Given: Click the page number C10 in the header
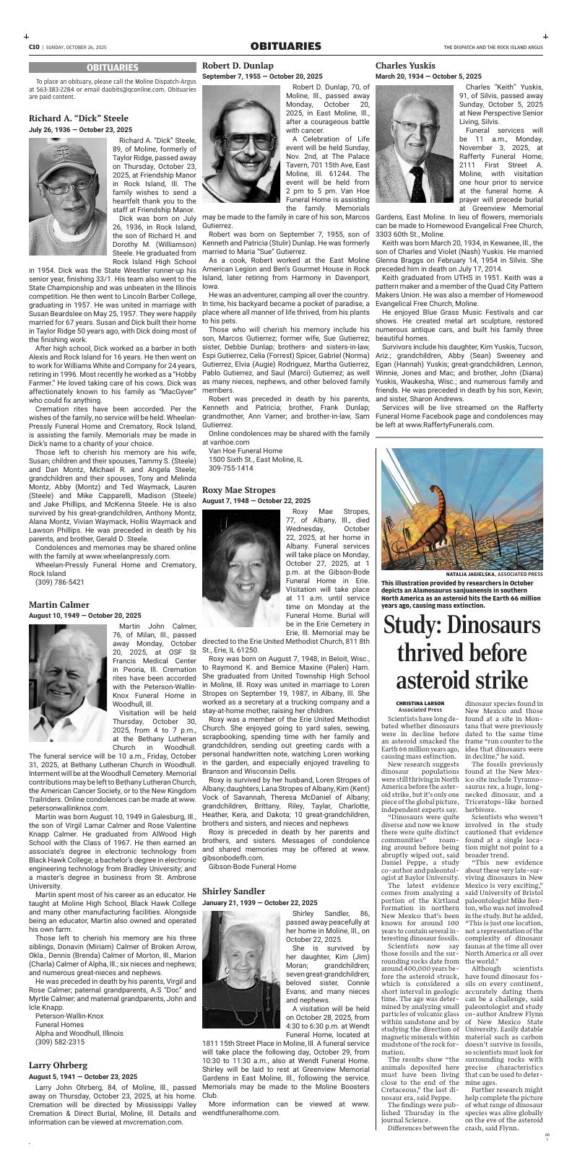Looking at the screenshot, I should tap(34, 47).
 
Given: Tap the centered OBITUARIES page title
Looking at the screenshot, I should tap(285, 46).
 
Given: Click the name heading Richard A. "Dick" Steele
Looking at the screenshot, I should tap(79, 118).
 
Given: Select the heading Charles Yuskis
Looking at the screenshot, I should tap(405, 65).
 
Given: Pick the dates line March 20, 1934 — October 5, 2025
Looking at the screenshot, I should tap(428, 76).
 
